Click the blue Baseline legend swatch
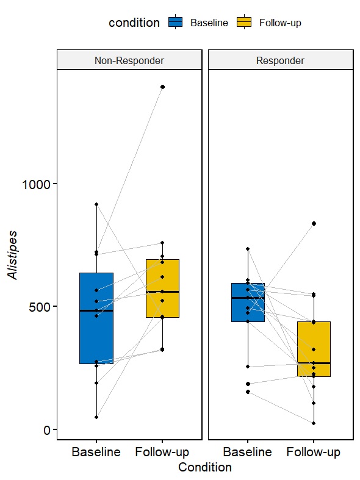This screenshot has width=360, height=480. tap(175, 22)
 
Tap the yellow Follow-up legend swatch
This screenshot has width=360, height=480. tap(244, 22)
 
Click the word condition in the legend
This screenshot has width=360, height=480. tap(134, 23)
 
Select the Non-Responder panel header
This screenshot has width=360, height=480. tap(129, 60)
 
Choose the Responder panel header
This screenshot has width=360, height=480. tap(281, 60)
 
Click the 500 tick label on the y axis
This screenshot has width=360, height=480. tap(40, 307)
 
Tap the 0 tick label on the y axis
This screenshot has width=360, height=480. tap(46, 430)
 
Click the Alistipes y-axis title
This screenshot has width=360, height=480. tap(12, 255)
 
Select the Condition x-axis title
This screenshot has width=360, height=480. tap(205, 467)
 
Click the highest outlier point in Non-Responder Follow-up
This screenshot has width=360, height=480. tap(162, 87)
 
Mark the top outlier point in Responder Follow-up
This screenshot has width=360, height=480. tap(314, 223)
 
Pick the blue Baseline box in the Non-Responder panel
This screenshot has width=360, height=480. tap(96, 318)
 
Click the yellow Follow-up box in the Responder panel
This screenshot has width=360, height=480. tap(314, 349)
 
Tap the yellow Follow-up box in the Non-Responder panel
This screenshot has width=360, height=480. tap(162, 288)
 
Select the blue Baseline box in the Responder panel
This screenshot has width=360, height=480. tap(248, 303)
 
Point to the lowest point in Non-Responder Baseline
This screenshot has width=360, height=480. tap(96, 417)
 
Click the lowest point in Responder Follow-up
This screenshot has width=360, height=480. tap(314, 423)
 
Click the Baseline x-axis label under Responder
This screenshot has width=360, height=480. tap(247, 452)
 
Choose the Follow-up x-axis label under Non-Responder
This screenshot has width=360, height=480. tap(162, 452)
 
